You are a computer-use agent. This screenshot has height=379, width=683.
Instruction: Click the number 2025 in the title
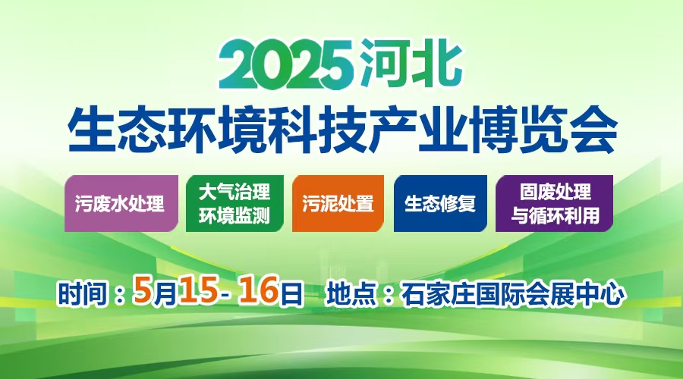[x=286, y=65]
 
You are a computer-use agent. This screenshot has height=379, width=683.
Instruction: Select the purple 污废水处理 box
[x=119, y=204]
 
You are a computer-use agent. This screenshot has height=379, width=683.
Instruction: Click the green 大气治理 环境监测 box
[x=234, y=204]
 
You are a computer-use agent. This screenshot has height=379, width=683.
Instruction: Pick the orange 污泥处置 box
[x=338, y=204]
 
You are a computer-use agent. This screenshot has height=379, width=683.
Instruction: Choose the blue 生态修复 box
[x=440, y=204]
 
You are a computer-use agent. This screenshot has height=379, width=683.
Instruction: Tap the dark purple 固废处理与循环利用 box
[x=554, y=204]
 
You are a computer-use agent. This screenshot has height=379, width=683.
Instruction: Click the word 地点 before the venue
[x=351, y=293]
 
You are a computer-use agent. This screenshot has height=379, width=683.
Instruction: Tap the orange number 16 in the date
[x=260, y=293]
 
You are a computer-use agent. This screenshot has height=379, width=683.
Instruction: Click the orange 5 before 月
[x=140, y=293]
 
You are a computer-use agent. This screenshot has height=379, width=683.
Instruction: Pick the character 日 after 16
[x=291, y=293]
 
